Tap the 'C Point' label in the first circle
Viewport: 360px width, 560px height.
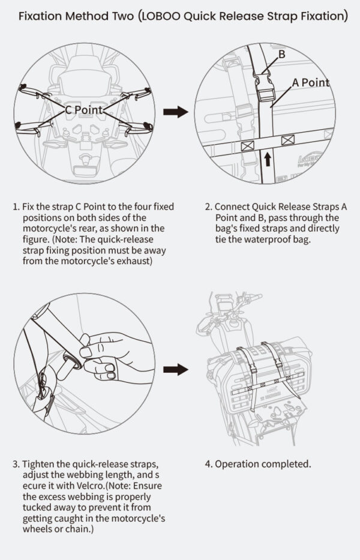click(84, 110)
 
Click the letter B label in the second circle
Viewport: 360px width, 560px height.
click(281, 55)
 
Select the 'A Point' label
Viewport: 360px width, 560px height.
click(311, 83)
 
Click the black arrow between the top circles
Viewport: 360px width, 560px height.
click(176, 112)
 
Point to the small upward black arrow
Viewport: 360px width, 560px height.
click(267, 158)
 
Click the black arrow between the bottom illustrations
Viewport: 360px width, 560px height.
click(176, 369)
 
